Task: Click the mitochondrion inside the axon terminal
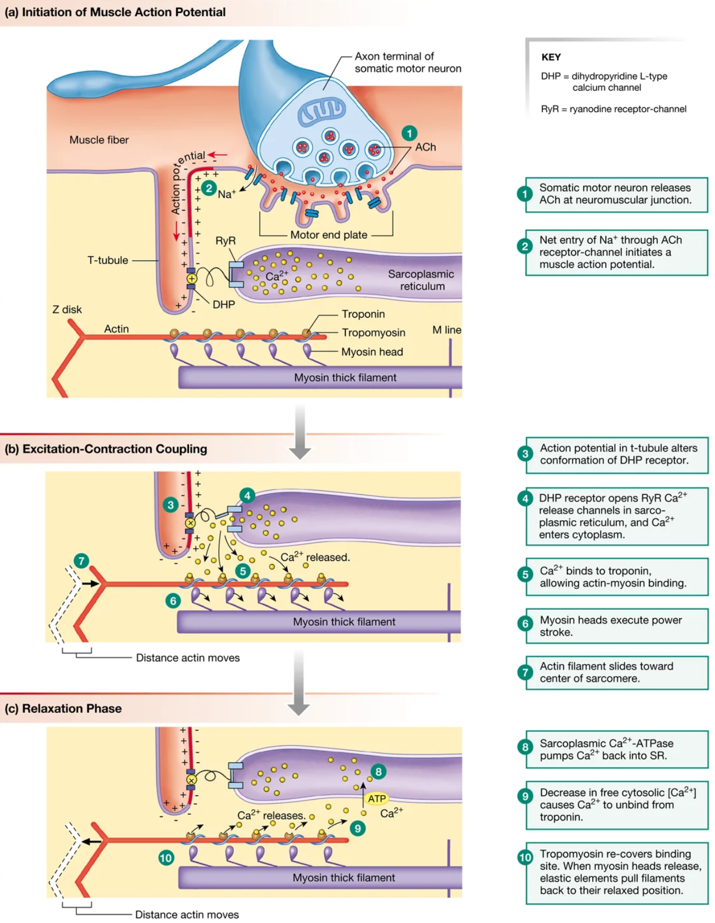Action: click(321, 111)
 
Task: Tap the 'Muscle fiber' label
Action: click(99, 140)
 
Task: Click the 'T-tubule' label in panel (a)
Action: click(107, 260)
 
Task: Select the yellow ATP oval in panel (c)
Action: click(376, 799)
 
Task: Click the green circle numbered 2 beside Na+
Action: click(209, 188)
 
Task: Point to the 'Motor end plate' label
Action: click(329, 235)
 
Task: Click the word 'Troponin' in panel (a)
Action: click(363, 314)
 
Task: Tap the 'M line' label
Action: click(446, 330)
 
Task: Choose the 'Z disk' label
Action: click(67, 309)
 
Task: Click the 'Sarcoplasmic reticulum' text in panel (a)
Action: click(421, 280)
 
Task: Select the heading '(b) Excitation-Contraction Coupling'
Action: click(106, 449)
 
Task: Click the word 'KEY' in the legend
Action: click(551, 57)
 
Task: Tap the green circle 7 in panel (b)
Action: click(81, 560)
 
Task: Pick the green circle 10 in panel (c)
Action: click(166, 857)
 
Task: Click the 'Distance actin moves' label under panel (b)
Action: click(188, 658)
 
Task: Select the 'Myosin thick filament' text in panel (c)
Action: click(344, 878)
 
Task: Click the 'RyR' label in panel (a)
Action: click(225, 240)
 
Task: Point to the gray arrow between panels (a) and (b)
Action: click(300, 432)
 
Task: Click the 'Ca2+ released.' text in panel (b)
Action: click(315, 557)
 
